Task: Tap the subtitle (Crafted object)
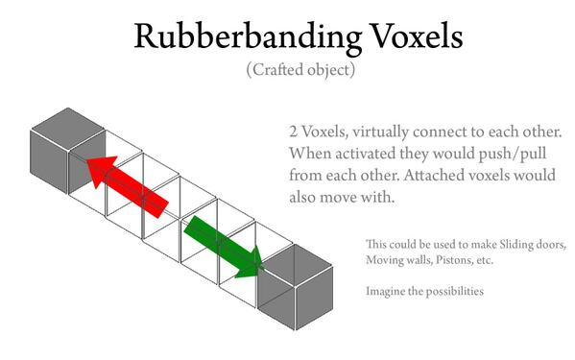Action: pos(300,69)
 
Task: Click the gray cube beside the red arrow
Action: pos(68,151)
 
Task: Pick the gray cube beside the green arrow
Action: pos(296,287)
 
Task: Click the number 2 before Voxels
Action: pos(293,132)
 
